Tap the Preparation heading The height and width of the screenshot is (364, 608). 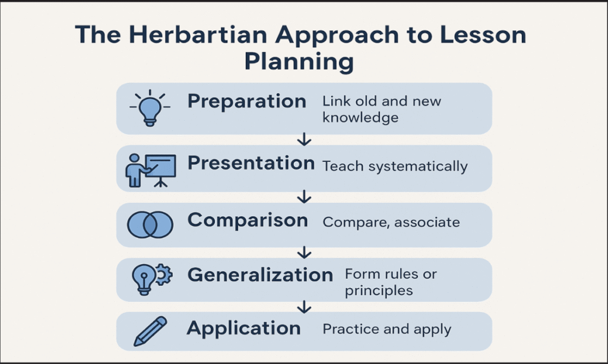coord(246,101)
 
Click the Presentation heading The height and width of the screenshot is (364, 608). coord(251,164)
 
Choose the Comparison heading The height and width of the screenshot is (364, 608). coord(248,221)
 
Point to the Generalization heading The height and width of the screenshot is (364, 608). coord(260,275)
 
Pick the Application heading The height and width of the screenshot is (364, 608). coord(243,328)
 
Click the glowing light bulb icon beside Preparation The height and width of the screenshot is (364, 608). coord(150,107)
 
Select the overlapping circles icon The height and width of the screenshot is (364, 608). coord(150,225)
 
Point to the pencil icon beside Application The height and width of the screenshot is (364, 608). coord(150,331)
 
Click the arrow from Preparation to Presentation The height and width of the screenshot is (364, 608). coord(305,140)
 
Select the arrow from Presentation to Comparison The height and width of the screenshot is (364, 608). coord(305,196)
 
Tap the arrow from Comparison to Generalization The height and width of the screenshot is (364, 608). coord(305,253)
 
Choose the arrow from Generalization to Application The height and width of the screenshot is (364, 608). coord(305,306)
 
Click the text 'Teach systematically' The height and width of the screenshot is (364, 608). coord(395,167)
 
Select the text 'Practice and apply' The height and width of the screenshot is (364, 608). coord(387,329)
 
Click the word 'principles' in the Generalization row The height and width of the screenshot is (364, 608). coord(379,292)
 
